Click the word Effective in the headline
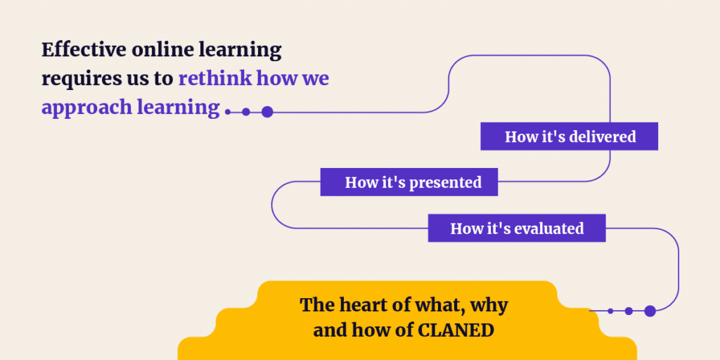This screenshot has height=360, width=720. [x=84, y=50]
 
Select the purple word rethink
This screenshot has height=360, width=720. [x=215, y=79]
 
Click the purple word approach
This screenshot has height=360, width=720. [x=86, y=108]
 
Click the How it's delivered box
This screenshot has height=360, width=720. [x=570, y=136]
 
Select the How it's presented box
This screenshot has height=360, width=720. [x=409, y=182]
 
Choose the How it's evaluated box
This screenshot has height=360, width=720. [x=517, y=228]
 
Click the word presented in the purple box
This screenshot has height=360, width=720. [x=445, y=183]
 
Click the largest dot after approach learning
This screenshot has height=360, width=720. [x=267, y=112]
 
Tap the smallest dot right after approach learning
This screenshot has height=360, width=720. [x=228, y=112]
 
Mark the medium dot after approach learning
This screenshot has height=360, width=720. [x=246, y=112]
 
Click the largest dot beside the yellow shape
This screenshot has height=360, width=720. [x=650, y=311]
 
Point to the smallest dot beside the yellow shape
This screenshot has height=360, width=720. [x=610, y=311]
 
